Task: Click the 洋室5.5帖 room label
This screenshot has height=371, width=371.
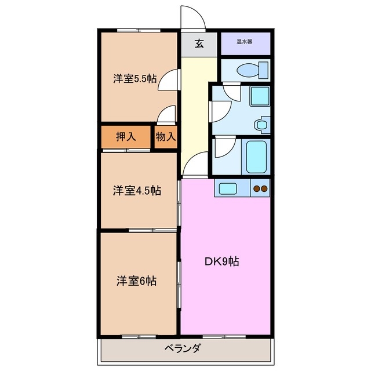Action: point(134,79)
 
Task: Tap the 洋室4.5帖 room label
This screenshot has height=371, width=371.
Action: point(137,190)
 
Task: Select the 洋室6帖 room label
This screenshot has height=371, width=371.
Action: point(136,281)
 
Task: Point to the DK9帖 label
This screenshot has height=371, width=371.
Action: point(221,261)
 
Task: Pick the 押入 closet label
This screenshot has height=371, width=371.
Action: point(126,137)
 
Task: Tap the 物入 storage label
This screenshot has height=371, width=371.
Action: point(166,137)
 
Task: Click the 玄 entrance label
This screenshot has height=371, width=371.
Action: point(199,43)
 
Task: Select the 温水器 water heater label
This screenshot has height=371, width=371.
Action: point(244,42)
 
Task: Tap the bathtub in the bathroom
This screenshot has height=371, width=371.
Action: point(256,156)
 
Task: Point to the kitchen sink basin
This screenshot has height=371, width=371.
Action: point(227,188)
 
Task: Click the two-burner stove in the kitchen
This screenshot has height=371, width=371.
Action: point(259,188)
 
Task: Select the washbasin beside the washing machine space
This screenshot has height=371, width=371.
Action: point(262,123)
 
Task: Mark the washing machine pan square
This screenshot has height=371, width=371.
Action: point(259,96)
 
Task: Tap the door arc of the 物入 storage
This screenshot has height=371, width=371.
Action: point(167,114)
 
